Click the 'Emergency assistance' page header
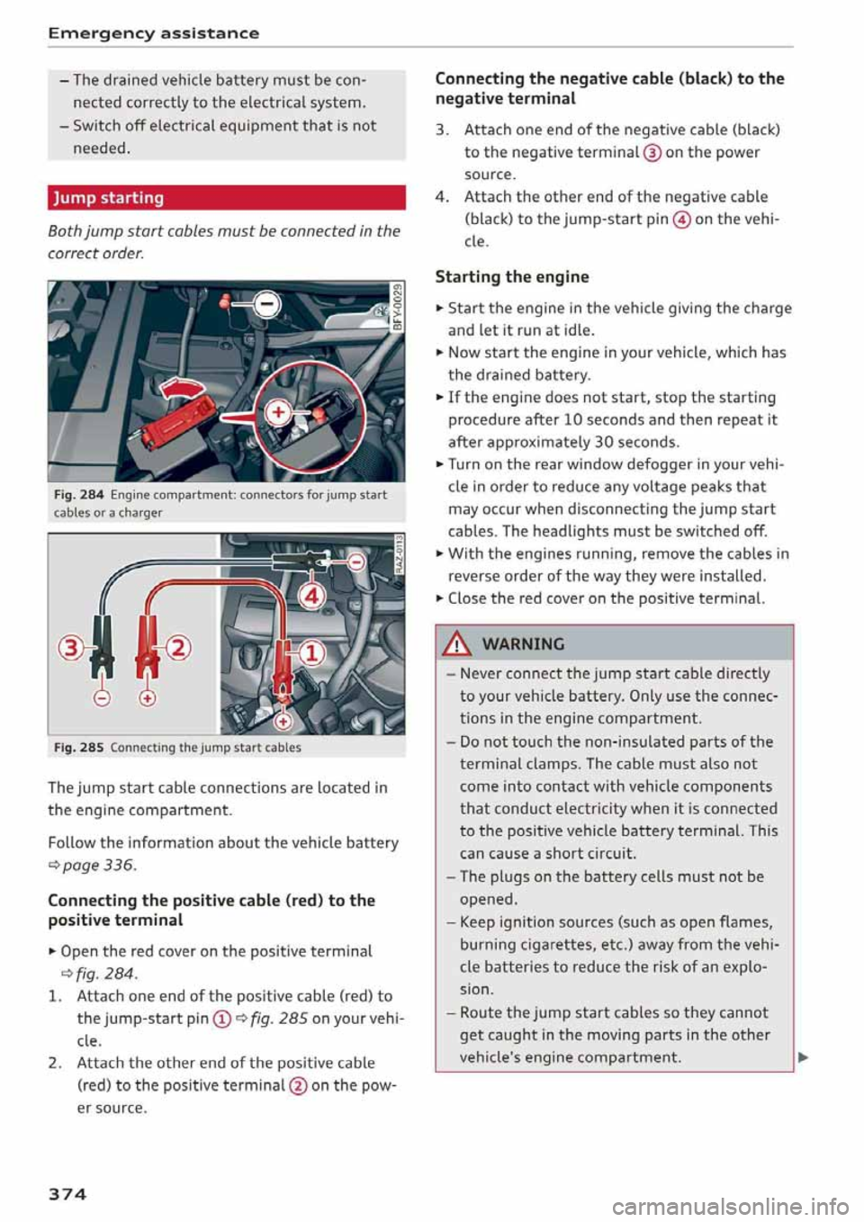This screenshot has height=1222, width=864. (153, 33)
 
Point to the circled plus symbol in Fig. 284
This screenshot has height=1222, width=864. (278, 412)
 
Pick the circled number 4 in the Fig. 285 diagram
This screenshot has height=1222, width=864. (311, 596)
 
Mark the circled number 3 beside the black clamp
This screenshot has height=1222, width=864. (70, 647)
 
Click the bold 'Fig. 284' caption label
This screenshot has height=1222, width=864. (79, 495)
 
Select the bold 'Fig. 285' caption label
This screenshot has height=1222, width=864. (79, 748)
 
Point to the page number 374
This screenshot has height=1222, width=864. (67, 1193)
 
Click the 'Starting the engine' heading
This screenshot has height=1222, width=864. (512, 277)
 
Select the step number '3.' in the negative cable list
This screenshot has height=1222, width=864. (442, 130)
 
